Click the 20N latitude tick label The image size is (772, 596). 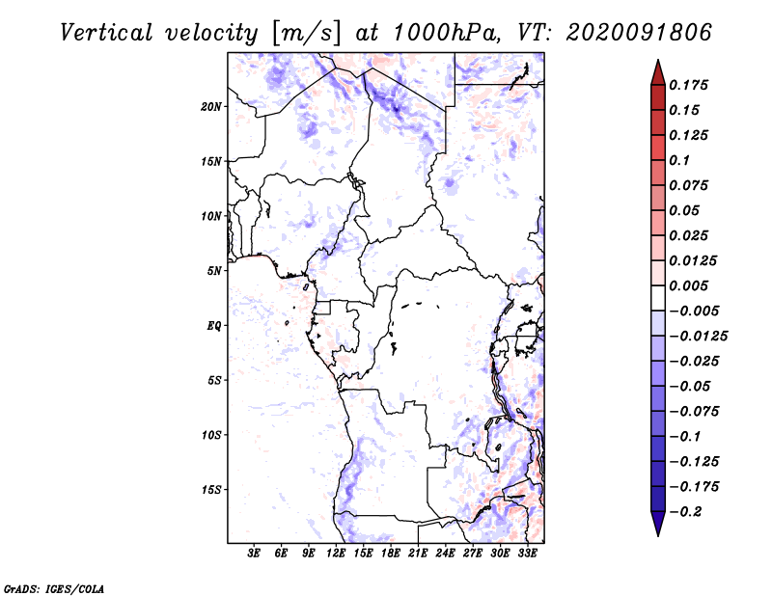coord(211,107)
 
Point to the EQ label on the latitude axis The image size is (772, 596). coord(214,326)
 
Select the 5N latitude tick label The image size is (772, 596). coord(214,271)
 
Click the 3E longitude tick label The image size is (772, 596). coord(254,554)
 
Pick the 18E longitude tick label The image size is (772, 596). coord(391,554)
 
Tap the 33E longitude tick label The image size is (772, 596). coord(527,554)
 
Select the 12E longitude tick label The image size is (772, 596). coord(336,554)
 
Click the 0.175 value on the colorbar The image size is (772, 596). coord(689,85)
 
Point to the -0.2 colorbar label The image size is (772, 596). coord(686,512)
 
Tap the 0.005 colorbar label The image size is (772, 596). coord(689,285)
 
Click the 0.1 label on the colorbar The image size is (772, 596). coord(680,160)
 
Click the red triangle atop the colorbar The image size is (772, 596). coord(658,72)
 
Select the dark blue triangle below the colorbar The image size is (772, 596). coord(658,524)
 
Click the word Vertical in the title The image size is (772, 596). coord(106,33)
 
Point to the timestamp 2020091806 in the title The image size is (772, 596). coord(639,33)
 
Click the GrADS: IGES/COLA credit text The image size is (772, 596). coord(54,589)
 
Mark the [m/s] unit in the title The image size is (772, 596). coord(306,34)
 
